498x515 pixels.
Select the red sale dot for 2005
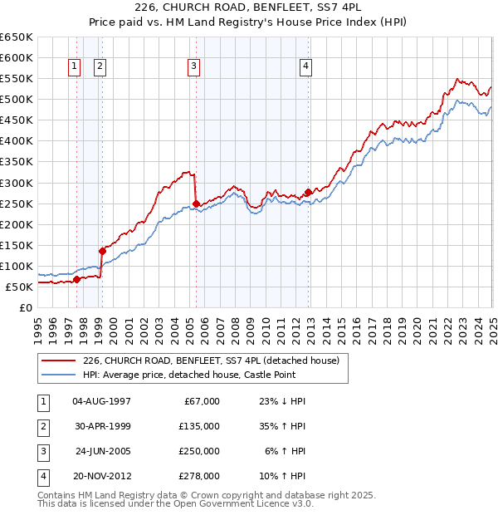tap(197, 204)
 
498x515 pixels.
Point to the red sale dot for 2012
tap(309, 192)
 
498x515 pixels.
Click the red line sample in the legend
tap(59, 360)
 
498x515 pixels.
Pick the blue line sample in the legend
tap(59, 375)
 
